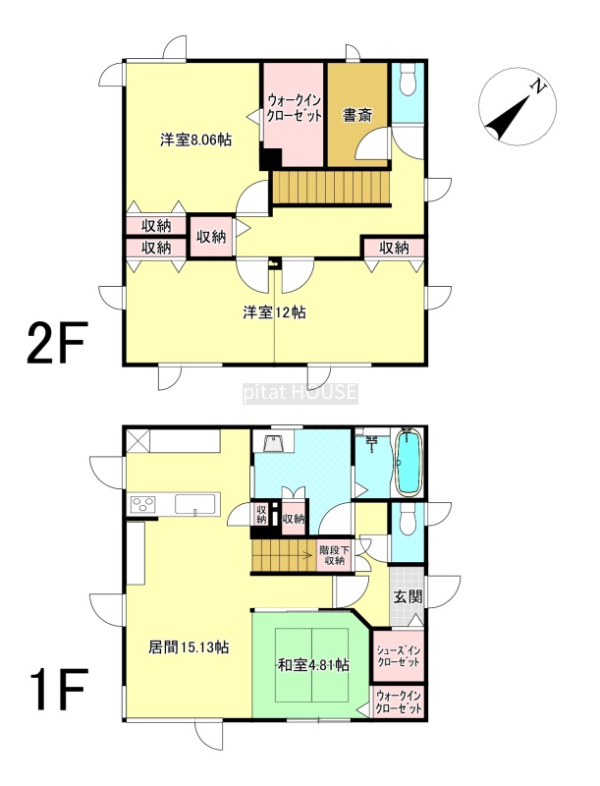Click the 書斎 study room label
click(357, 115)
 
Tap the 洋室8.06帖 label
click(195, 140)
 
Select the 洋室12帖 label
click(274, 312)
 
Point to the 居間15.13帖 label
click(189, 647)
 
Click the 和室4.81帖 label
click(313, 665)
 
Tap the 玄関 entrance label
click(408, 596)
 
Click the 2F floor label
click(57, 342)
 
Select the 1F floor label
click(59, 690)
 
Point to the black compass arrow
click(508, 118)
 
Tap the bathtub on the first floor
click(409, 462)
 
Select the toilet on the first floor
click(409, 519)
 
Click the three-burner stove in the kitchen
click(143, 504)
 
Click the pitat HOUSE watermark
click(300, 393)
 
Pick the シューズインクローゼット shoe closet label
click(399, 656)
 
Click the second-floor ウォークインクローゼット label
click(294, 107)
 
